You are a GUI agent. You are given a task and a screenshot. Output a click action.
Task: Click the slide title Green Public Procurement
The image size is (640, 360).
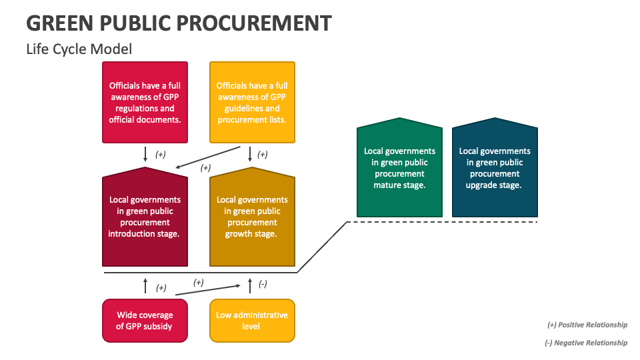(179, 23)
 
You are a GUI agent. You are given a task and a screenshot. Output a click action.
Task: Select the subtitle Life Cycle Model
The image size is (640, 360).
(79, 49)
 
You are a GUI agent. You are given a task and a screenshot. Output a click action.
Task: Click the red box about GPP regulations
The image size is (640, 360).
(145, 102)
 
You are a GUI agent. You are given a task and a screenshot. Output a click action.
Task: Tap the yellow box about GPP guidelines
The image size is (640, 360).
(252, 102)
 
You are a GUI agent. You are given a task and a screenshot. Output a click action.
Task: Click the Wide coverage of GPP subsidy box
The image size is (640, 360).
(145, 321)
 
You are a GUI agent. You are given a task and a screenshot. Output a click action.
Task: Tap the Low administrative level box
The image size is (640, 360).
(252, 321)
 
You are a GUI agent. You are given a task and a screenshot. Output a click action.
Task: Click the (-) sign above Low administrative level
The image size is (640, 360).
(263, 285)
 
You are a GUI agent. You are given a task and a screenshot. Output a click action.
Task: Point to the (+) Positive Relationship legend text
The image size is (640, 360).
(587, 325)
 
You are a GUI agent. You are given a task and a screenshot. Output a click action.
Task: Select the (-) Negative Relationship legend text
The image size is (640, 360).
(587, 343)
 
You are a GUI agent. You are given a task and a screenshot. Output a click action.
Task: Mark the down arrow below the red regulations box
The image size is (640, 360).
(145, 154)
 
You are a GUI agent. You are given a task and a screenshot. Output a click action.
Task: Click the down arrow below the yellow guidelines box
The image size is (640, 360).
(250, 154)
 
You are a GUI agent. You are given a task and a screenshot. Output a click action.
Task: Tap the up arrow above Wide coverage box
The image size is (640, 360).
(145, 286)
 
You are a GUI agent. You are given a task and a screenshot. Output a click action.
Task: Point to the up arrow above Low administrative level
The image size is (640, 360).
(250, 286)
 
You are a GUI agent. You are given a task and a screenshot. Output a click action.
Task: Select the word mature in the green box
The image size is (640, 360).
(388, 185)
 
